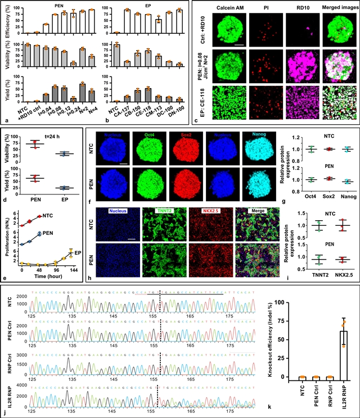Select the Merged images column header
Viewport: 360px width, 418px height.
[335, 8]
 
